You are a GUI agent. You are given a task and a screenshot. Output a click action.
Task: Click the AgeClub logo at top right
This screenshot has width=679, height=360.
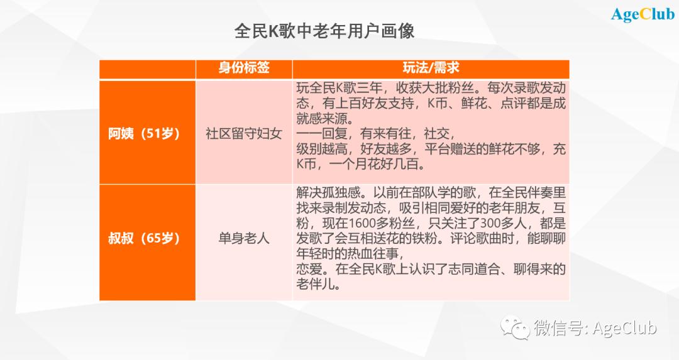point(643,14)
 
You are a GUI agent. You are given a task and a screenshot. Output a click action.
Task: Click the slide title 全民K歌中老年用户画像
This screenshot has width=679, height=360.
point(324,31)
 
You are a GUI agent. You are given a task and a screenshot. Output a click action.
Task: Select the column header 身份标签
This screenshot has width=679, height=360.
point(244,68)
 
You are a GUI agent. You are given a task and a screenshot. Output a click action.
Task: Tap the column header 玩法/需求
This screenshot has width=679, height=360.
point(431,68)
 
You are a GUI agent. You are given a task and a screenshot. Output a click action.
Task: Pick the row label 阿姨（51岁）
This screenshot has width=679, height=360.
point(144,133)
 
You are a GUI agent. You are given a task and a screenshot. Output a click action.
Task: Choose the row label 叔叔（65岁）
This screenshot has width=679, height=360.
point(144,238)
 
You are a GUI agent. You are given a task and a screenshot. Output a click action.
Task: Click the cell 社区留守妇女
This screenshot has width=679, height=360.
point(244,133)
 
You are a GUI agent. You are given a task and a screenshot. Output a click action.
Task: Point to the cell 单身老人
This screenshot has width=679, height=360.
point(244,238)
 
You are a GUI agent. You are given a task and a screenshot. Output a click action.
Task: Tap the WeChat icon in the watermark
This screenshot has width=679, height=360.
point(515,327)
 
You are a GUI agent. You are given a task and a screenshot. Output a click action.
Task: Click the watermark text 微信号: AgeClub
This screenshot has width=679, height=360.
point(595,328)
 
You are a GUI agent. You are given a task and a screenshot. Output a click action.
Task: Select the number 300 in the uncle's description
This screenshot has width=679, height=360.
point(488,223)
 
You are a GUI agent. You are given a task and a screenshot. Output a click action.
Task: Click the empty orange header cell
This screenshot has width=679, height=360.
point(148,69)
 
